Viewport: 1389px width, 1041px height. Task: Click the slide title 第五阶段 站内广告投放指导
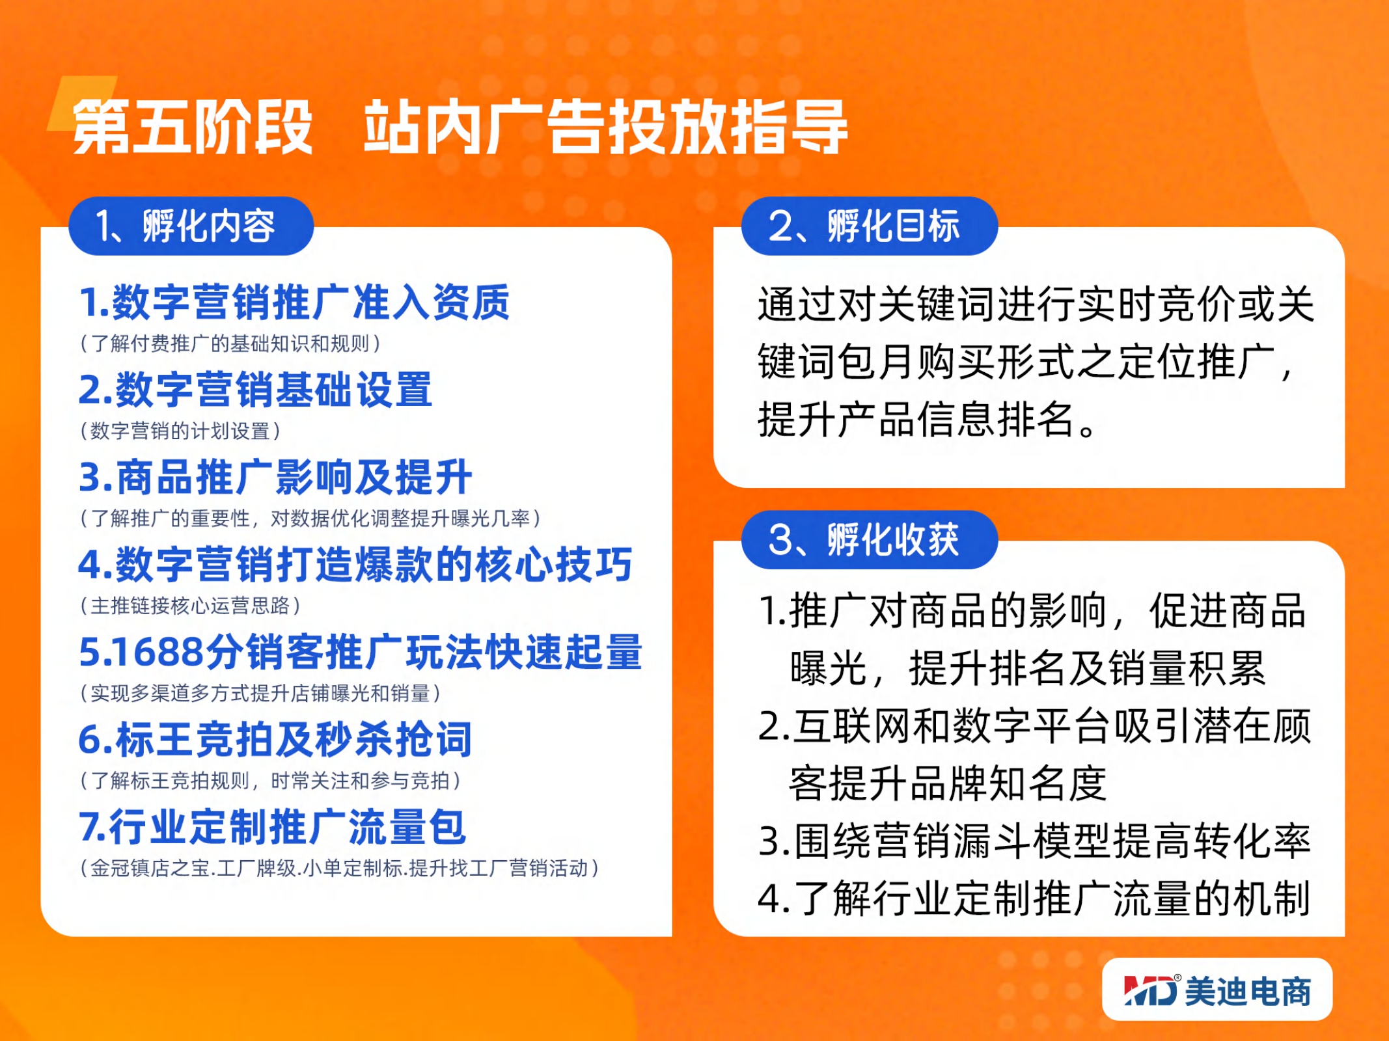[x=460, y=128]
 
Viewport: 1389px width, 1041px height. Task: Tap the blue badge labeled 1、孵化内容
[x=191, y=226]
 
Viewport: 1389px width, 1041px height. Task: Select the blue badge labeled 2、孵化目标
[x=870, y=226]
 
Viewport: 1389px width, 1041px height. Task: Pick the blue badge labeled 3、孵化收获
[x=870, y=539]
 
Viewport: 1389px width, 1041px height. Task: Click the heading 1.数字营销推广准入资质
[x=294, y=303]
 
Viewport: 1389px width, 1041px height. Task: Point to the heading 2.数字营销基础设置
[x=255, y=390]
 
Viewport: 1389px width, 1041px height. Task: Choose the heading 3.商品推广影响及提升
[x=275, y=477]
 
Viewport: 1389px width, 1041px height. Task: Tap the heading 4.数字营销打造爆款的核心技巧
[x=355, y=564]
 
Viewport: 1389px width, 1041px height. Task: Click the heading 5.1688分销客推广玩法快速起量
[x=361, y=651]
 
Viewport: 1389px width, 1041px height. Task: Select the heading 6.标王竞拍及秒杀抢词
[x=275, y=739]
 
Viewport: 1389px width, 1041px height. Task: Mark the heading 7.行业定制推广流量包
[x=272, y=826]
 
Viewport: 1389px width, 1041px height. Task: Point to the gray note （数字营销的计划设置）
[x=180, y=431]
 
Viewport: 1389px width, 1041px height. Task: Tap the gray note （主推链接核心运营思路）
[x=190, y=606]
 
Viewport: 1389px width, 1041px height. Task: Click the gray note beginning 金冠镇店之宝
[x=339, y=868]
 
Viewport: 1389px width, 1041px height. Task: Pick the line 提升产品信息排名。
[x=929, y=419]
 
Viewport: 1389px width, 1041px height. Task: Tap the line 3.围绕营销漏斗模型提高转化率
[x=1034, y=841]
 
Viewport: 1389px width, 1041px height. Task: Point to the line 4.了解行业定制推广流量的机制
[x=1034, y=899]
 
